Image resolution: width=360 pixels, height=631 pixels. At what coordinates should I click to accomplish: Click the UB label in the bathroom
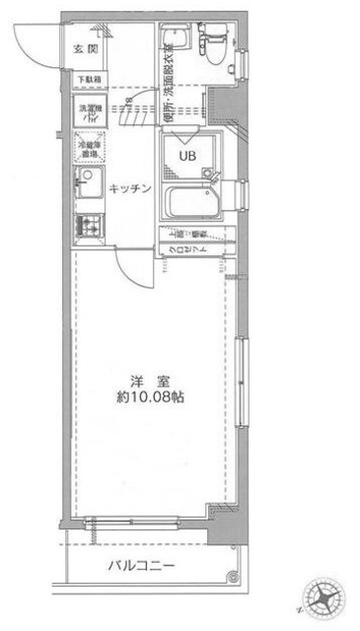pyautogui.click(x=186, y=155)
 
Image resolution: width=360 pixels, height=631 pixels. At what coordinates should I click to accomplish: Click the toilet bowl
pyautogui.click(x=211, y=45)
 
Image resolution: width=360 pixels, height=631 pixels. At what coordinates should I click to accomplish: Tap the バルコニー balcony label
pyautogui.click(x=141, y=566)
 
